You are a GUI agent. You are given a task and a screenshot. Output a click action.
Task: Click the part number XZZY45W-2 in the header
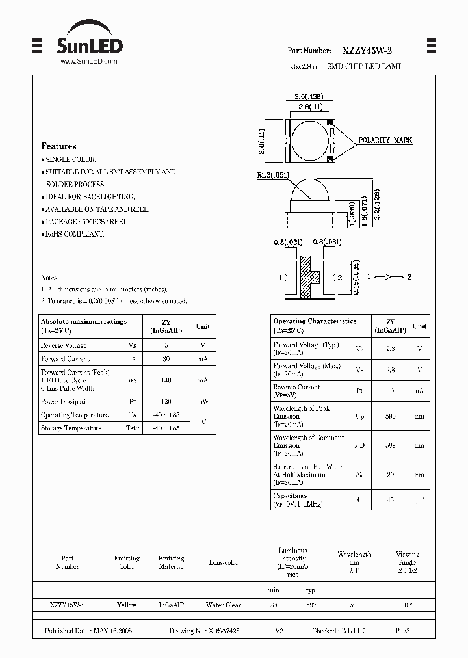tap(367, 49)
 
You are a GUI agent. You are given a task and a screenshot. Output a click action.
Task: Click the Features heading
tap(58, 146)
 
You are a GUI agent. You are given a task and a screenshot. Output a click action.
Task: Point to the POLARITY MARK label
tap(385, 140)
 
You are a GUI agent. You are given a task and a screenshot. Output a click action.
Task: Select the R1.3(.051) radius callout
tap(272, 175)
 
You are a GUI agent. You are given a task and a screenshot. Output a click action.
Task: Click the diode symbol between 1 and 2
tap(388, 277)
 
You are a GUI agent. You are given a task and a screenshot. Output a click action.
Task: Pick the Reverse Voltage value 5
tap(166, 345)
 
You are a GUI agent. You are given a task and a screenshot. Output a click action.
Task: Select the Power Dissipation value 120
tap(166, 402)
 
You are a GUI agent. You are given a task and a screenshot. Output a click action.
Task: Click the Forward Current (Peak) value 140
tap(166, 380)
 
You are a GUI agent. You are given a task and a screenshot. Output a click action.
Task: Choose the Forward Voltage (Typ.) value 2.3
tap(390, 349)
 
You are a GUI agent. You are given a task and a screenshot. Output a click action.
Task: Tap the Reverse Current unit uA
tap(420, 391)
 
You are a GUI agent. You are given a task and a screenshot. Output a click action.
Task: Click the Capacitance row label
tap(291, 496)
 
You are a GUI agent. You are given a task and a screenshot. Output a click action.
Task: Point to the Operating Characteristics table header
tap(315, 321)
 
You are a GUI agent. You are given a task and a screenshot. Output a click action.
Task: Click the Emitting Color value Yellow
tap(127, 605)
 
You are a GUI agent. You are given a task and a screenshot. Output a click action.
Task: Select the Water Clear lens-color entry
tap(224, 605)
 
